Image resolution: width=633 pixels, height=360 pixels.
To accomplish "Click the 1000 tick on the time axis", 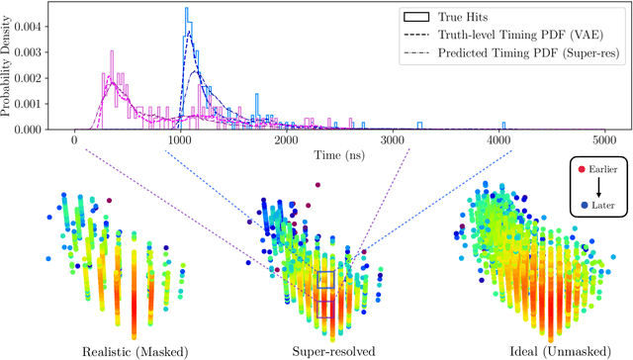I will (x=180, y=139).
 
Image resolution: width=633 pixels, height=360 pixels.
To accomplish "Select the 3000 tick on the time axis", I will (x=392, y=139).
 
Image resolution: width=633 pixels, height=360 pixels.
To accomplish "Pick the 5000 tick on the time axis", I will (x=603, y=139).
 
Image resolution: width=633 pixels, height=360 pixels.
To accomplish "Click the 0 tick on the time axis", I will (x=75, y=139).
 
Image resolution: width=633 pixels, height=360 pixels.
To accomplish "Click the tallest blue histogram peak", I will (x=186, y=10).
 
